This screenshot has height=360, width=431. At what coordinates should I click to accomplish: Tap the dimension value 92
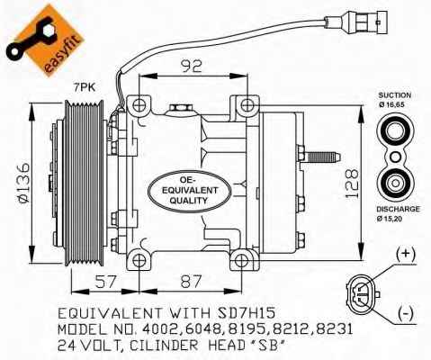192,67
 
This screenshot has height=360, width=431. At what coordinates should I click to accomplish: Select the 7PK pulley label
85,87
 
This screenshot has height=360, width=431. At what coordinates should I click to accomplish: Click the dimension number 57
105,282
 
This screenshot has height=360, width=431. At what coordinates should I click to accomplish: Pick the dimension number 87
191,282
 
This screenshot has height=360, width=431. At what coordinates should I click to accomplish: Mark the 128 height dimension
352,184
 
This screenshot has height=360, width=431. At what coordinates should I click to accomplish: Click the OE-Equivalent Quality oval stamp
189,191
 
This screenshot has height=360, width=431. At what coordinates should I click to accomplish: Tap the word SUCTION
394,95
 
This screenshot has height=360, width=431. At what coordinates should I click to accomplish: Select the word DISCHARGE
398,209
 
